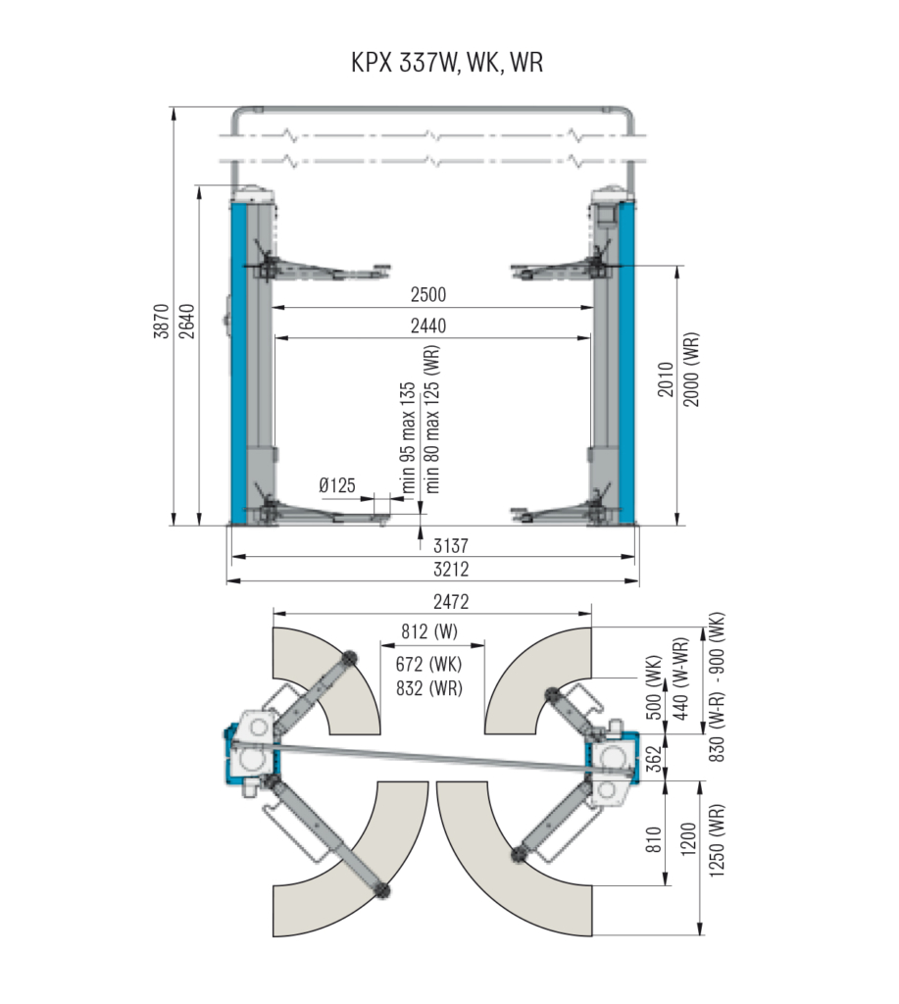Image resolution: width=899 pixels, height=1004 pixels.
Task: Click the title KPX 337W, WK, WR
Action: click(447, 63)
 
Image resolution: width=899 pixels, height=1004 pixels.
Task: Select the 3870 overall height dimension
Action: click(162, 321)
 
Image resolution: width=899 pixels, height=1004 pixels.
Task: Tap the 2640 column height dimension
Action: click(186, 321)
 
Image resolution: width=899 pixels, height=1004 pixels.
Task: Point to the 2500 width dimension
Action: click(428, 294)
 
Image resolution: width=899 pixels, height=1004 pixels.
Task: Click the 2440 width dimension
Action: click(428, 326)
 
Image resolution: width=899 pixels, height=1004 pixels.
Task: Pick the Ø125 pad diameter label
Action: click(337, 485)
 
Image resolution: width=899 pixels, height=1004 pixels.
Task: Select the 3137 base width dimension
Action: click(451, 545)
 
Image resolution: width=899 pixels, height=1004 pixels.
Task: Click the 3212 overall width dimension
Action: click(451, 570)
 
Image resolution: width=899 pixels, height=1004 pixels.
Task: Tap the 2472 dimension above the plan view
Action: click(451, 602)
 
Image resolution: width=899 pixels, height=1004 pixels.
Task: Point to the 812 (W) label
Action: click(429, 632)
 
